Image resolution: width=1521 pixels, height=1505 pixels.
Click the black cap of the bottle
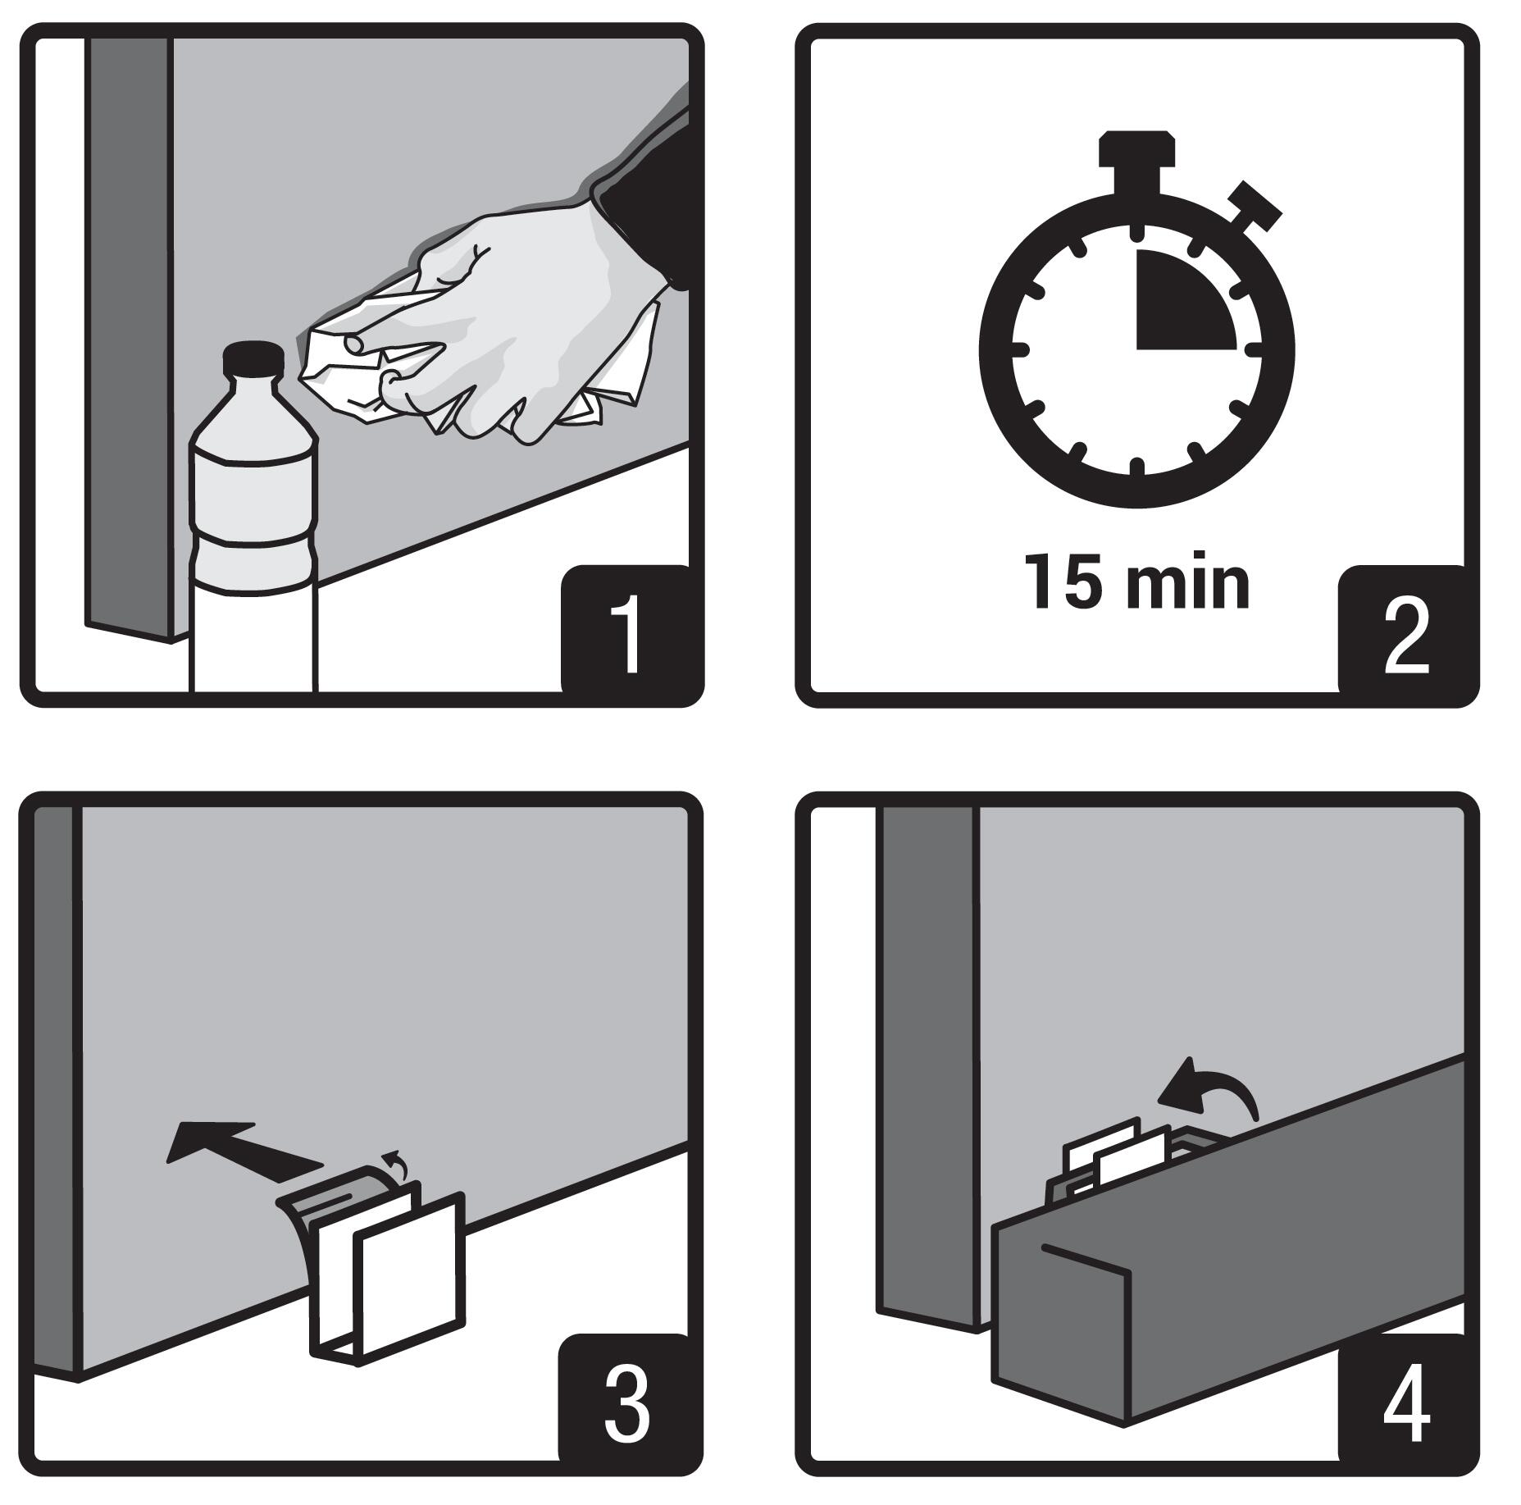pyautogui.click(x=253, y=358)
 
